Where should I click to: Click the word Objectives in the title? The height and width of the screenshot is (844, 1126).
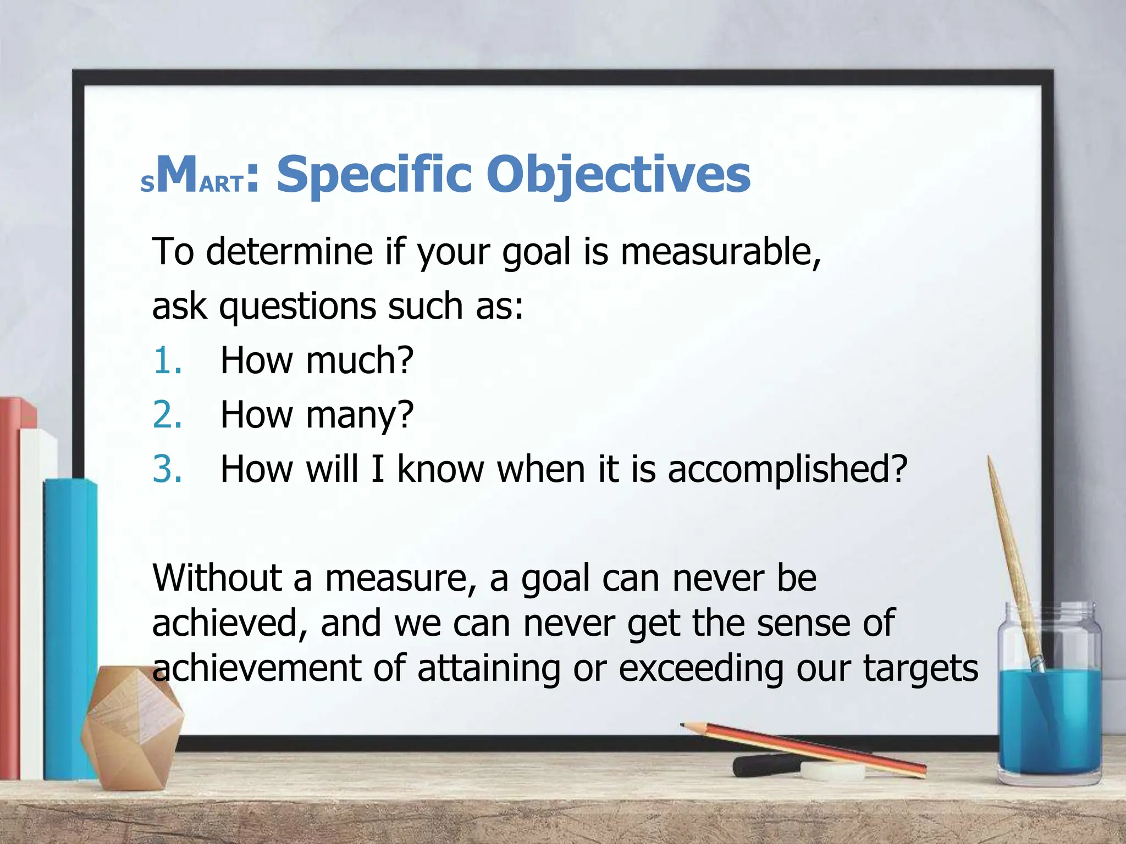click(x=618, y=175)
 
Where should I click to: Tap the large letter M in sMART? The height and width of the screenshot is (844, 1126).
click(x=177, y=175)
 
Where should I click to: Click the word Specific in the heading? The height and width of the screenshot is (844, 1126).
click(x=374, y=175)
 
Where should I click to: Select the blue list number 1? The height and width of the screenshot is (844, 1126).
click(x=167, y=361)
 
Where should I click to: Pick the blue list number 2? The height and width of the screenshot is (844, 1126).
click(x=167, y=415)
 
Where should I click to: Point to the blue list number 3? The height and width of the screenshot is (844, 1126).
click(x=167, y=469)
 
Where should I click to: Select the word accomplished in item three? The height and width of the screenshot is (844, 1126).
click(x=787, y=470)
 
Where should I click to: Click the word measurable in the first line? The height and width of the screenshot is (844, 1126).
click(x=720, y=252)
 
